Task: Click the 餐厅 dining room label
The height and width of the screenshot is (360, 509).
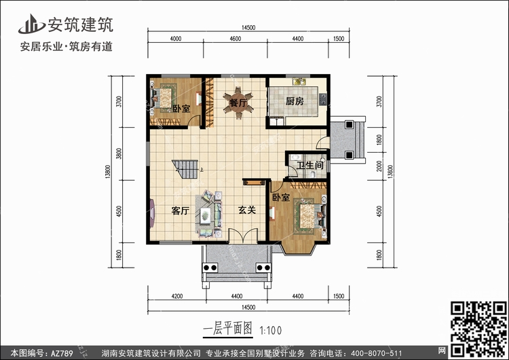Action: (238, 103)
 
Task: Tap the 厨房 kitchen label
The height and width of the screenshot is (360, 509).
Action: (295, 101)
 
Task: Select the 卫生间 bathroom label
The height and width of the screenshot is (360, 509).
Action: (310, 165)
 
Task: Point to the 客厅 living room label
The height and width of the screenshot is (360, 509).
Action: (181, 211)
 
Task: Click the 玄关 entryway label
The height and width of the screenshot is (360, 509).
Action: (247, 210)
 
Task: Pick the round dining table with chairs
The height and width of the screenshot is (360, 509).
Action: (238, 103)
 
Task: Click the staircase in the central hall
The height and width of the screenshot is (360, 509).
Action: (185, 169)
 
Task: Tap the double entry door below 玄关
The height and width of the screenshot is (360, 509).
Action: (243, 236)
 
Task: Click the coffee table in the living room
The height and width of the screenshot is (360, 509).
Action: (205, 215)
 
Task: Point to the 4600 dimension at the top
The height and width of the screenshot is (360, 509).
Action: (235, 39)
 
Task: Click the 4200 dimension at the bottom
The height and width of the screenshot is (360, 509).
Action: (177, 296)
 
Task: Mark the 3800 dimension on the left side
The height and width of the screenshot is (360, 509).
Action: (119, 154)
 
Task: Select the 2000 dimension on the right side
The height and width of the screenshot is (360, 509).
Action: (379, 166)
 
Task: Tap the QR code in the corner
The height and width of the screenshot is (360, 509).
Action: (478, 329)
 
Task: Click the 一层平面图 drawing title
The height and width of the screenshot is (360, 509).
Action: (228, 329)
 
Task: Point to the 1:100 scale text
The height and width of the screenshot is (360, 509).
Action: (271, 331)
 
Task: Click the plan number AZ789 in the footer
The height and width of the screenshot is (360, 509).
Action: (62, 353)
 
